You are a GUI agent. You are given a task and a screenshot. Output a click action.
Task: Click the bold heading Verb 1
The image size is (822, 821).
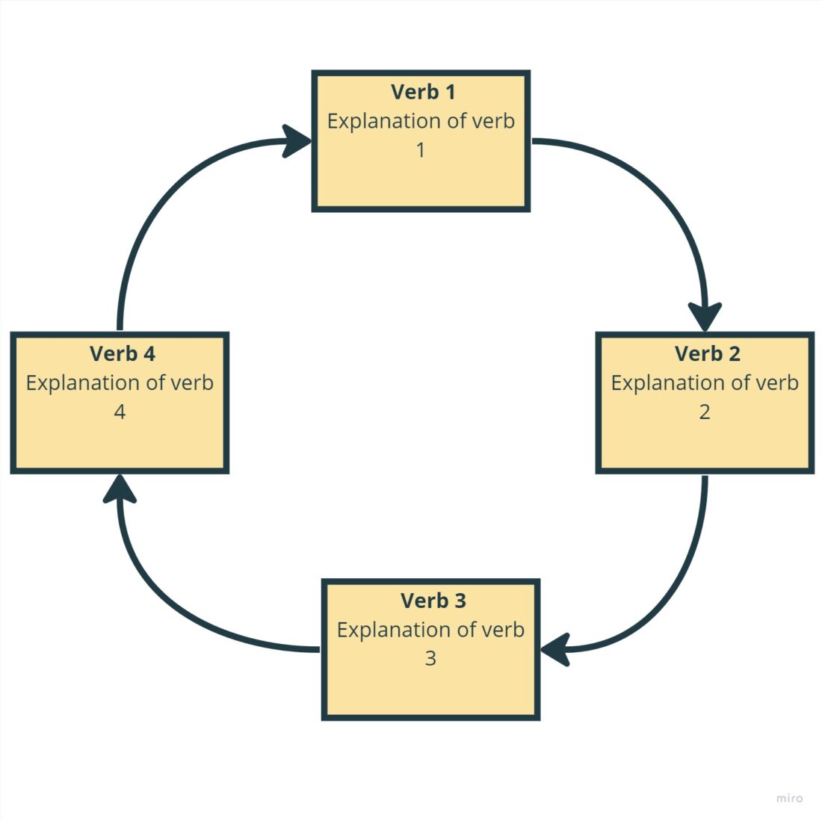422,92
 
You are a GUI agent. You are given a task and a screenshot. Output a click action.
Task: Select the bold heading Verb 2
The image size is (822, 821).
707,353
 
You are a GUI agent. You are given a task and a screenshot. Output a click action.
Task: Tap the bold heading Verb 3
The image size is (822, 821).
433,601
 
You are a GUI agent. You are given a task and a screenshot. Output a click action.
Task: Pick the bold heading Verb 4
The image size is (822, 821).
122,353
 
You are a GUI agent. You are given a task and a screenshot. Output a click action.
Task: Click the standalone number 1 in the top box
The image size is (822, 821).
421,150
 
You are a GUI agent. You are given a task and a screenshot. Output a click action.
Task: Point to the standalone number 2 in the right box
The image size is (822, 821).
704,412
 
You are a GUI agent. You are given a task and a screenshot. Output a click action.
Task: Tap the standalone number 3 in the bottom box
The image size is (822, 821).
430,659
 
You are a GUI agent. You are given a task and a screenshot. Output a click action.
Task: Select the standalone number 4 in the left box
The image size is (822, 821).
120,412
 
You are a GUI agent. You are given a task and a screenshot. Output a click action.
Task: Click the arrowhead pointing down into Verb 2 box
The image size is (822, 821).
705,316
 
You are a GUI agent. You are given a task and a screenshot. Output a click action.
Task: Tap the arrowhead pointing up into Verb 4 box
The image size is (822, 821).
120,489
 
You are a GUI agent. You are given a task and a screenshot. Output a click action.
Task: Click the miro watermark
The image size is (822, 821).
788,798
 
